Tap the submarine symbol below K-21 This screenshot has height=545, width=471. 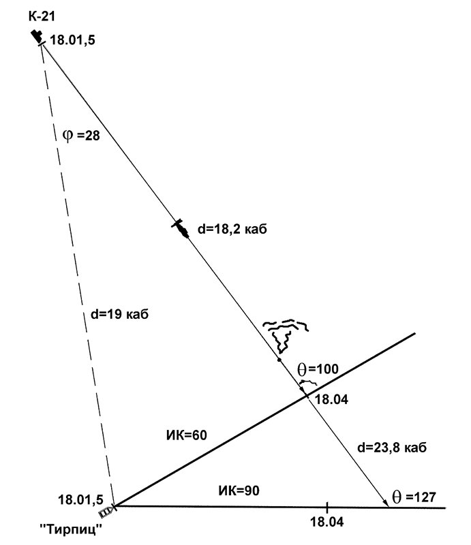[38, 37]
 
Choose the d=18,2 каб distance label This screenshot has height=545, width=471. [232, 230]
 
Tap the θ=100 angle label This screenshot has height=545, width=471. [318, 369]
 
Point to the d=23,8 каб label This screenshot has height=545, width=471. [392, 448]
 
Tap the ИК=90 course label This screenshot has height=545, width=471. [239, 490]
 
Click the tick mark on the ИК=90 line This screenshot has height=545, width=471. [327, 507]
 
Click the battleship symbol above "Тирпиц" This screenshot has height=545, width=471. [106, 510]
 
